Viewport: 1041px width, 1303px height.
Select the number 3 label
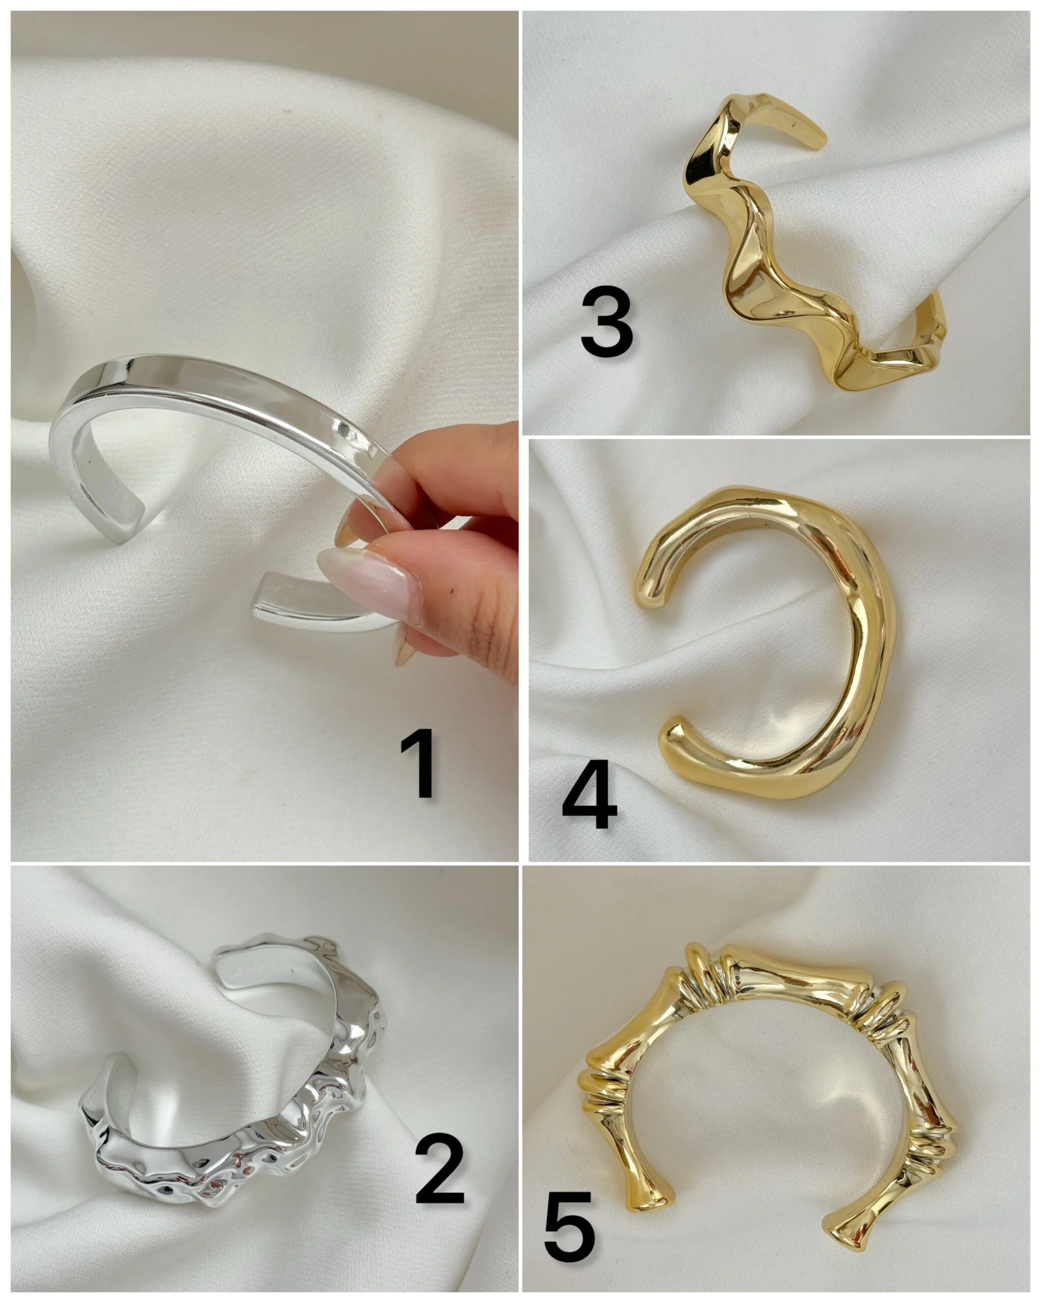(606, 324)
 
